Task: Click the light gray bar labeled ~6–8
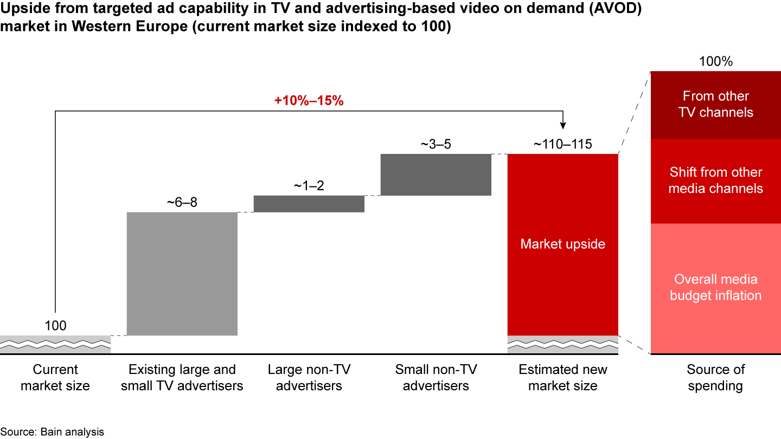[182, 273]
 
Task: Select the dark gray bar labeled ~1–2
[309, 204]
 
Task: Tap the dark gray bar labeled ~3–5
[436, 174]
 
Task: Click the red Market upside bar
[562, 244]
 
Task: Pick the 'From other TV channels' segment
[715, 105]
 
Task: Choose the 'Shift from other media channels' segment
[715, 181]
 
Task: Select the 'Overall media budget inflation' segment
[715, 288]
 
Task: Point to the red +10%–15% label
[309, 100]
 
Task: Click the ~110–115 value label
[562, 145]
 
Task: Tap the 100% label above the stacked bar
[715, 61]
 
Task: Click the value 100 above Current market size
[55, 326]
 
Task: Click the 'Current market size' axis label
[55, 378]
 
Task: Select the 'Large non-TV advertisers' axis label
[309, 378]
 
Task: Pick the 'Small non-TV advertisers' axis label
[436, 378]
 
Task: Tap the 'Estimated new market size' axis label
[562, 378]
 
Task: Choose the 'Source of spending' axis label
[715, 378]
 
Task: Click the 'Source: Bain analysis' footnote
[52, 432]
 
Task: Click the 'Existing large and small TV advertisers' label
[182, 378]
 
